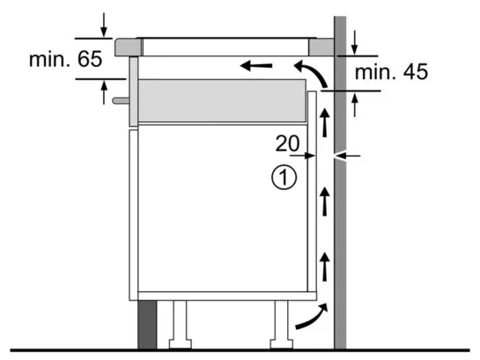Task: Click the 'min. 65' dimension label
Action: pos(65,59)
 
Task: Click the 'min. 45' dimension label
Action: pos(391,72)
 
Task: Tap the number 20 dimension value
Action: pos(287,143)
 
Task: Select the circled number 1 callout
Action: pos(284,178)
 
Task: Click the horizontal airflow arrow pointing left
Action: pos(256,65)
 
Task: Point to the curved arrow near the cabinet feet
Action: pos(313,318)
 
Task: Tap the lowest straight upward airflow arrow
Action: pos(324,267)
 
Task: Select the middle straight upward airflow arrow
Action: pos(324,202)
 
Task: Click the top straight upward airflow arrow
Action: pos(324,122)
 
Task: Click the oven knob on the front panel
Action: pos(121,100)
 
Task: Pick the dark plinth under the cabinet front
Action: pos(147,325)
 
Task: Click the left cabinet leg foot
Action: pos(181,344)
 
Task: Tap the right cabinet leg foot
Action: pos(281,344)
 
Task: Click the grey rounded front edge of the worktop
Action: pos(129,48)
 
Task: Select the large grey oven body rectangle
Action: pos(222,101)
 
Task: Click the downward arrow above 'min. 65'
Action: pos(104,25)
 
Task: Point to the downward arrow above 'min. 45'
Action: pos(354,42)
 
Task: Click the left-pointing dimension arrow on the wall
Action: pos(347,156)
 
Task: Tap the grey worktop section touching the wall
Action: pos(321,48)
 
